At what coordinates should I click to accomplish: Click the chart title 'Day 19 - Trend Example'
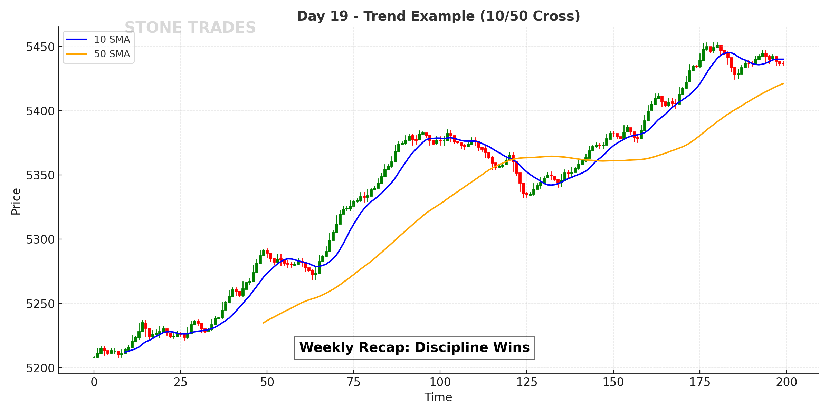click(x=438, y=16)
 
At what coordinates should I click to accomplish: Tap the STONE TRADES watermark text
click(x=190, y=28)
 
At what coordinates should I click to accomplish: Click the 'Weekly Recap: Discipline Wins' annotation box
click(x=414, y=348)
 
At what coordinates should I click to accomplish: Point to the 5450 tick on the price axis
click(x=40, y=47)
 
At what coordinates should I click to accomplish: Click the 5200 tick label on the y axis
click(x=40, y=368)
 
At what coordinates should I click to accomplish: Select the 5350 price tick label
click(x=40, y=176)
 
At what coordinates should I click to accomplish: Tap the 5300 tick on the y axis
click(x=40, y=240)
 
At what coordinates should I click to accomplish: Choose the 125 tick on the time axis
click(x=527, y=382)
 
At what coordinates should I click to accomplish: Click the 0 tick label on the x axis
click(x=94, y=382)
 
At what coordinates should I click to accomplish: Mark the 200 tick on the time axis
click(x=787, y=382)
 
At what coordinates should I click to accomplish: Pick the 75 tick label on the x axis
click(x=354, y=382)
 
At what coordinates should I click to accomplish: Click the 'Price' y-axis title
click(x=16, y=201)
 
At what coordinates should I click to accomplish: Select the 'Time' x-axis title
click(x=438, y=397)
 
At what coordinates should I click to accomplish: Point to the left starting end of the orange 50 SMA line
click(x=264, y=323)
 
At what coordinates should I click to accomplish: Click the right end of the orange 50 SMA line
click(x=783, y=83)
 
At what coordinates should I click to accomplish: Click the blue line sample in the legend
click(x=77, y=39)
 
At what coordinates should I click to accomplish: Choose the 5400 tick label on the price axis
click(x=40, y=111)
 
